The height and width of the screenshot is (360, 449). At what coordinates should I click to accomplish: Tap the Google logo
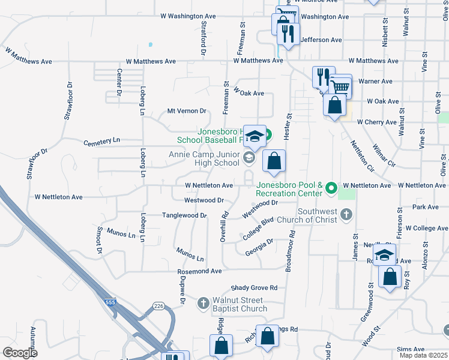(20, 353)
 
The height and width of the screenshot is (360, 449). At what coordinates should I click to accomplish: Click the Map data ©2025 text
(423, 355)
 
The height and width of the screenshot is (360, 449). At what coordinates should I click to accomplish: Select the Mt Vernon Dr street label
(186, 111)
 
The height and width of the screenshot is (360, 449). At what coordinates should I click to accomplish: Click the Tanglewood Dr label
(184, 215)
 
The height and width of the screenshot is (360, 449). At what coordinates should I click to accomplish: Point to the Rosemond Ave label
(199, 271)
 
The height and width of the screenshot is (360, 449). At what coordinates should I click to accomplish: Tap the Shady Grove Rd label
(254, 287)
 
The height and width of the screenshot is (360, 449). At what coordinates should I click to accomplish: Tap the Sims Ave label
(411, 349)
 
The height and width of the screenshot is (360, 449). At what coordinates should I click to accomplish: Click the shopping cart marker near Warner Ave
(340, 88)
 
